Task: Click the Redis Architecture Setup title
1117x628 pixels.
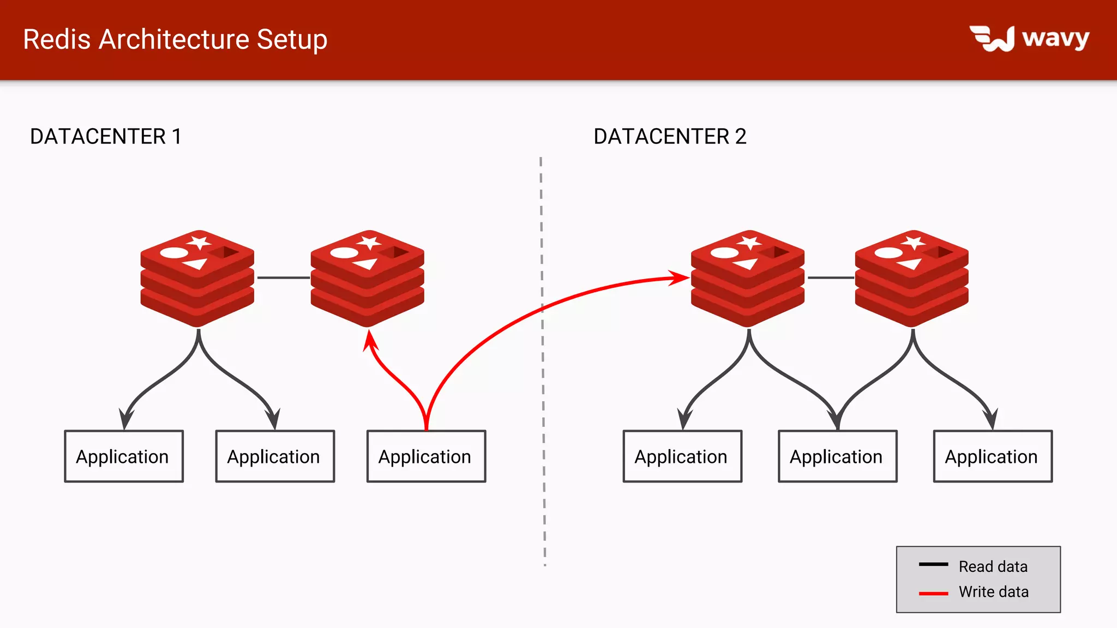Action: click(x=175, y=40)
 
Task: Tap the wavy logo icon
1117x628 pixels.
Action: click(x=992, y=39)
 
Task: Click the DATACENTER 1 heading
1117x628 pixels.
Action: click(x=105, y=136)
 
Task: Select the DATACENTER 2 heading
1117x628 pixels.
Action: click(x=670, y=136)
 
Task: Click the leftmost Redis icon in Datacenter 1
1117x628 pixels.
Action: click(x=197, y=278)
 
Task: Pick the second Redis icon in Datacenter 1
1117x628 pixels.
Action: click(x=368, y=278)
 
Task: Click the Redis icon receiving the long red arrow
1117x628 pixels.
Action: click(x=748, y=278)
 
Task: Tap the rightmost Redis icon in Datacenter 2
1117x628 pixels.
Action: click(x=912, y=278)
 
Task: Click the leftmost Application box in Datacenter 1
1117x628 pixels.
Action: click(x=124, y=456)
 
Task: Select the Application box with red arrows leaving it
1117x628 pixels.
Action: click(x=426, y=456)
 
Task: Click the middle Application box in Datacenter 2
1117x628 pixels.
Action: click(x=837, y=456)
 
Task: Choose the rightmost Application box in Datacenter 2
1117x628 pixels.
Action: click(x=993, y=456)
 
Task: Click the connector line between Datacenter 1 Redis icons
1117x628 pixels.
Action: click(x=283, y=277)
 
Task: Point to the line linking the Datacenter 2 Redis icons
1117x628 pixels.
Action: click(x=830, y=277)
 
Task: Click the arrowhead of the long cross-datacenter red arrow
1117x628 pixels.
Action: click(x=681, y=277)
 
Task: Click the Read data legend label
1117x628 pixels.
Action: click(x=993, y=566)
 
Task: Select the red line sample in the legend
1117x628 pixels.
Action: click(x=933, y=593)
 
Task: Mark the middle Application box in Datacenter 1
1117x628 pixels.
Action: click(x=275, y=456)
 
